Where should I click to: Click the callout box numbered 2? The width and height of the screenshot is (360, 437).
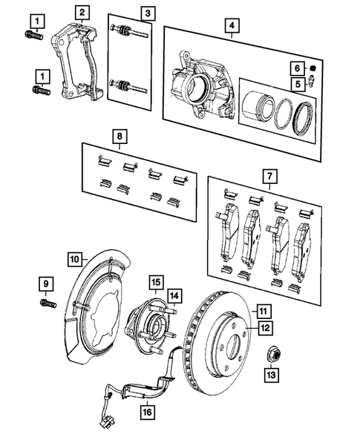click(x=82, y=12)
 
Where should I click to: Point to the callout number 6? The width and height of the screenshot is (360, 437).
click(x=295, y=69)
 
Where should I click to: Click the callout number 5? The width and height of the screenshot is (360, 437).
click(x=295, y=84)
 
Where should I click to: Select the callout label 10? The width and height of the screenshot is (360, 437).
click(x=76, y=259)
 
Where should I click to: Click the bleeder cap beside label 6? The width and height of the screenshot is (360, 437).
click(x=312, y=70)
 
